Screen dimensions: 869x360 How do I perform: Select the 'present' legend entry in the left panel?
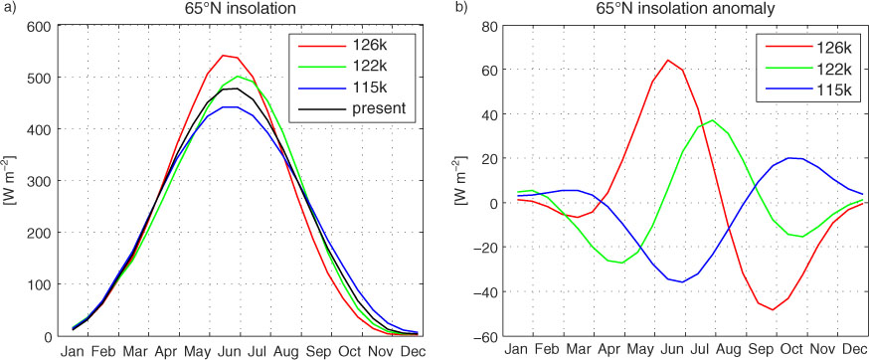click(x=354, y=108)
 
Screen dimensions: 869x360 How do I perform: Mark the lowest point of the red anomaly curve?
click(x=773, y=309)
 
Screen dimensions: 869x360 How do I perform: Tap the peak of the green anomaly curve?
click(x=713, y=119)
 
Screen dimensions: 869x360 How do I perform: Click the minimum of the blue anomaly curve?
click(x=682, y=281)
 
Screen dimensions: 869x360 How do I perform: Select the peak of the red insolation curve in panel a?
click(x=223, y=56)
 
